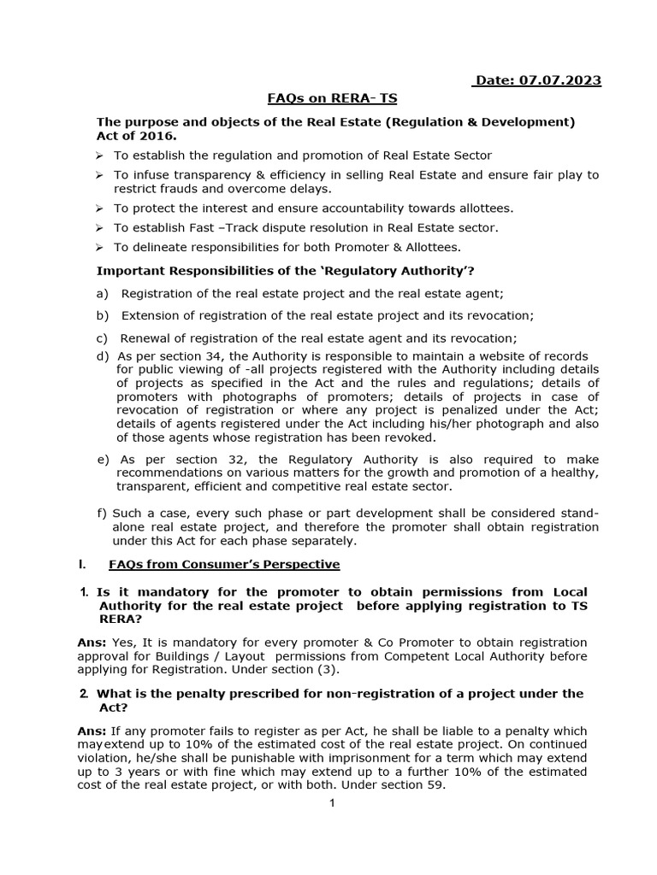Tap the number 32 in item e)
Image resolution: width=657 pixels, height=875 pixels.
[x=210, y=459]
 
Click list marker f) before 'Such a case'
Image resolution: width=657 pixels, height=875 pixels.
[x=102, y=514]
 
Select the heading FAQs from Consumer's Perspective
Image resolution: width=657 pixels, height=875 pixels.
[x=224, y=564]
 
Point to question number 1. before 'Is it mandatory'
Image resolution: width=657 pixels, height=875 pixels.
[x=84, y=592]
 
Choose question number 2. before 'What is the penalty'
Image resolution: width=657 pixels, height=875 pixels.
[x=84, y=694]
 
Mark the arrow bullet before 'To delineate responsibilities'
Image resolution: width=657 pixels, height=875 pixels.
[x=100, y=248]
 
